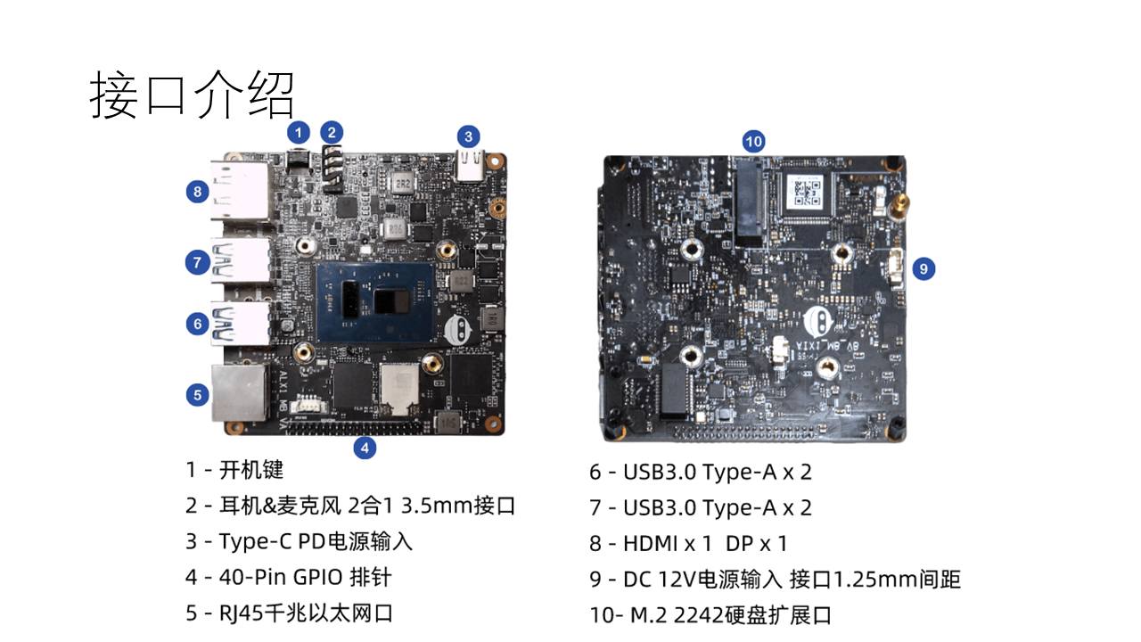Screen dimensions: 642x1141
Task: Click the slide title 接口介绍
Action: (x=192, y=95)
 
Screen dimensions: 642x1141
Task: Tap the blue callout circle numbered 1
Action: (x=299, y=133)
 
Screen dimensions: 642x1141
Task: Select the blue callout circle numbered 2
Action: (x=332, y=133)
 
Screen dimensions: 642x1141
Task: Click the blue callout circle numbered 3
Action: (x=468, y=136)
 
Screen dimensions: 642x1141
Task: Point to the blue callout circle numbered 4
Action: (x=364, y=448)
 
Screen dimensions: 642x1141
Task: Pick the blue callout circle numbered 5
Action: (x=198, y=394)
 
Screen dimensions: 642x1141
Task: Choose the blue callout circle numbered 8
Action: (x=198, y=190)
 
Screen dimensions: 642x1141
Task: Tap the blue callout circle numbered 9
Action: (x=923, y=267)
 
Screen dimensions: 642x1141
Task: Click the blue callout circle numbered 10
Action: (x=754, y=140)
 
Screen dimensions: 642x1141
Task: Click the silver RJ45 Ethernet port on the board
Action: (x=239, y=392)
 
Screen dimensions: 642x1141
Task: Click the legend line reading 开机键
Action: (x=234, y=470)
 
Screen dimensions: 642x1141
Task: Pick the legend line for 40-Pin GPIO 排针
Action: (x=288, y=577)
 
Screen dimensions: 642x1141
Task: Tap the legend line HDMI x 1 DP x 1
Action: (x=688, y=543)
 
